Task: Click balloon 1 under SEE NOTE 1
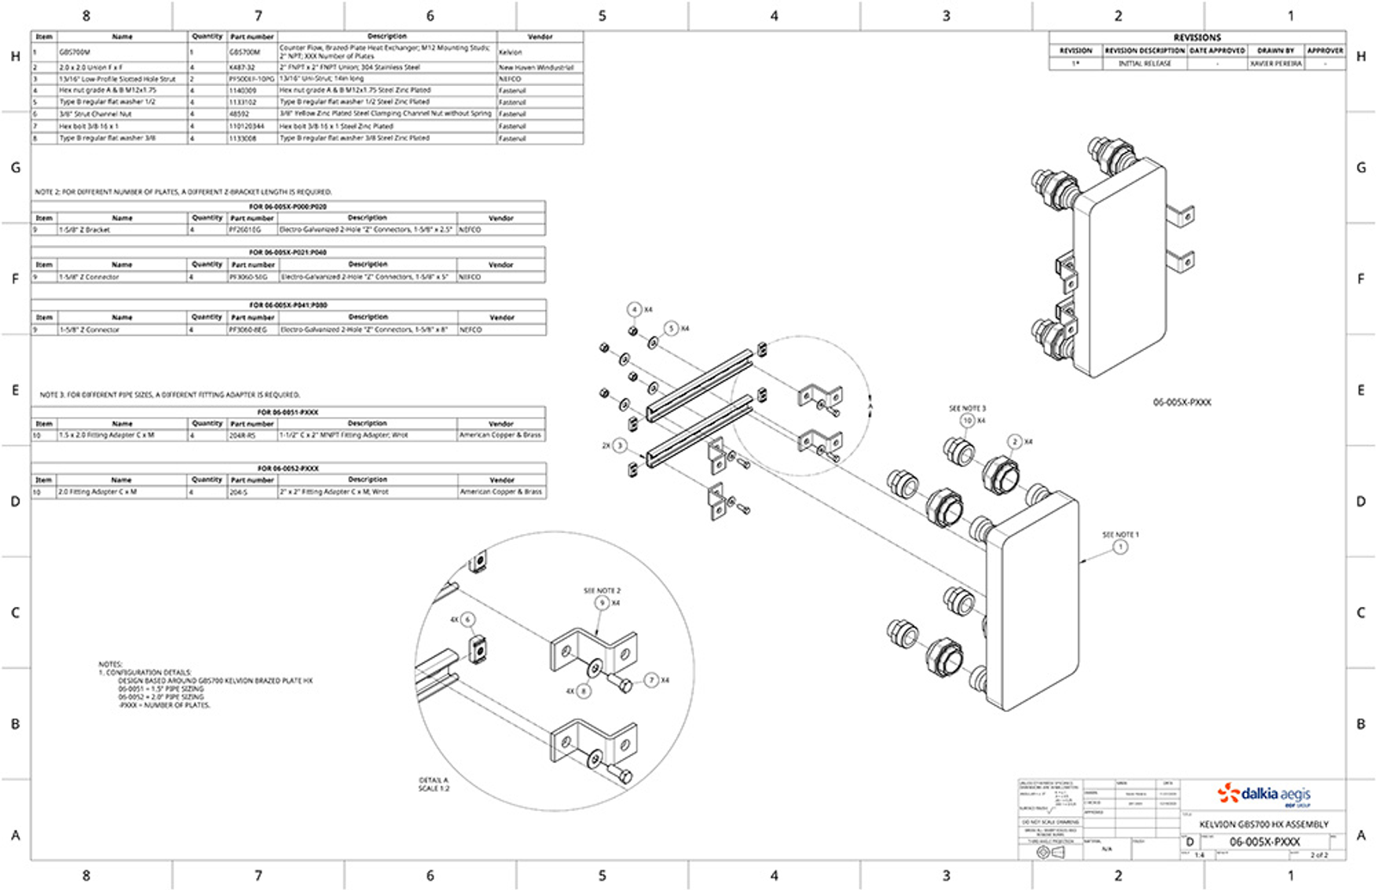point(1120,547)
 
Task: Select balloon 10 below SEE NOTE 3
point(967,420)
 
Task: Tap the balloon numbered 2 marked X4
point(1015,441)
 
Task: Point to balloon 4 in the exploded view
point(635,310)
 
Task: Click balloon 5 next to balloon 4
point(672,328)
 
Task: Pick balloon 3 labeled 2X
point(619,445)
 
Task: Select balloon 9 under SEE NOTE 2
point(602,603)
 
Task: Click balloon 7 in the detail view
point(651,680)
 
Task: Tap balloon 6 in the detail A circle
point(467,619)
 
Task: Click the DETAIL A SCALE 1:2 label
point(433,784)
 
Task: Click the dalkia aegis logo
point(1263,794)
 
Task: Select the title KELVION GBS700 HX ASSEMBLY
point(1263,824)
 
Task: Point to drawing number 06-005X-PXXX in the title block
point(1264,842)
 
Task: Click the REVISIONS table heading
point(1196,38)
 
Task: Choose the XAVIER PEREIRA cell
point(1275,64)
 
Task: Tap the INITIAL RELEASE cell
point(1145,64)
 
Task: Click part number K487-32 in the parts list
point(242,67)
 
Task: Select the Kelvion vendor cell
point(511,52)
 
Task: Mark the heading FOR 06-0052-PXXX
point(288,469)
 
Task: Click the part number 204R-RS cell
point(242,436)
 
